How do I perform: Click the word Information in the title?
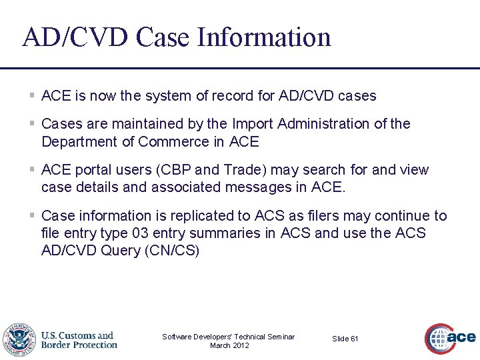click(264, 37)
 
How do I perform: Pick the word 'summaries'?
click(243, 234)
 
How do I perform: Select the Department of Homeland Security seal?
click(18, 340)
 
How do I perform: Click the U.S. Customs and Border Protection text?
click(79, 340)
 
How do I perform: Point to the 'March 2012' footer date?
click(229, 345)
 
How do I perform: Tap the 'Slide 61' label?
click(345, 339)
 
